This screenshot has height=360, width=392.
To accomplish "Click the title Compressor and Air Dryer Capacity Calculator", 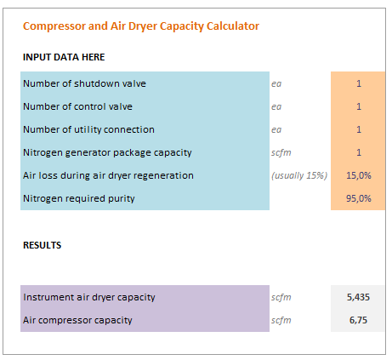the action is tap(141, 26).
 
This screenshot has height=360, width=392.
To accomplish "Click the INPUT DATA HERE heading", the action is tap(64, 57).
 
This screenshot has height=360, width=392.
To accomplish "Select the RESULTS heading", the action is tap(42, 245).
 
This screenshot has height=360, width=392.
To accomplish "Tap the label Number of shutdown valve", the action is tap(84, 83).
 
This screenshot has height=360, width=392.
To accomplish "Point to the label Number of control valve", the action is tap(77, 106).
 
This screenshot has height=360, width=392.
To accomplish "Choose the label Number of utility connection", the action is tap(88, 129).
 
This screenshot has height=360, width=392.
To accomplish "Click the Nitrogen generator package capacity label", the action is tap(107, 152).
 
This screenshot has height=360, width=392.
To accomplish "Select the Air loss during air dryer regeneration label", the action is tap(108, 175).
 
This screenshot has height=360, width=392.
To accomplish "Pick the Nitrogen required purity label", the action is tap(79, 198).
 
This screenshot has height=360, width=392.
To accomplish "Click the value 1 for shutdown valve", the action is tap(359, 83).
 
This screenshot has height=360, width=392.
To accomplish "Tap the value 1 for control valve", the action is tap(359, 106).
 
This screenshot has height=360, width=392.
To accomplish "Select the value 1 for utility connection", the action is tap(359, 129).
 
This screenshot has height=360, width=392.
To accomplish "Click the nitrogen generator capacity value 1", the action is tap(359, 152).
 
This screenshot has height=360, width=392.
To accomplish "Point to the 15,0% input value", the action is tap(359, 175).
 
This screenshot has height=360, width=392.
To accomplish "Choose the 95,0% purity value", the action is tap(359, 198).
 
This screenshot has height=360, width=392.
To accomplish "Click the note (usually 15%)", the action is tap(299, 175).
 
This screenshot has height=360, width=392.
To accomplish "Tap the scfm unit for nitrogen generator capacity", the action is tap(281, 152).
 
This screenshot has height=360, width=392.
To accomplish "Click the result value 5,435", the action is tap(358, 297).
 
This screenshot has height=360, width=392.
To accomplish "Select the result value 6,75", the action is tap(358, 320).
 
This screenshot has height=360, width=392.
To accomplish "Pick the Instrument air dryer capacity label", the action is tap(89, 297).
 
